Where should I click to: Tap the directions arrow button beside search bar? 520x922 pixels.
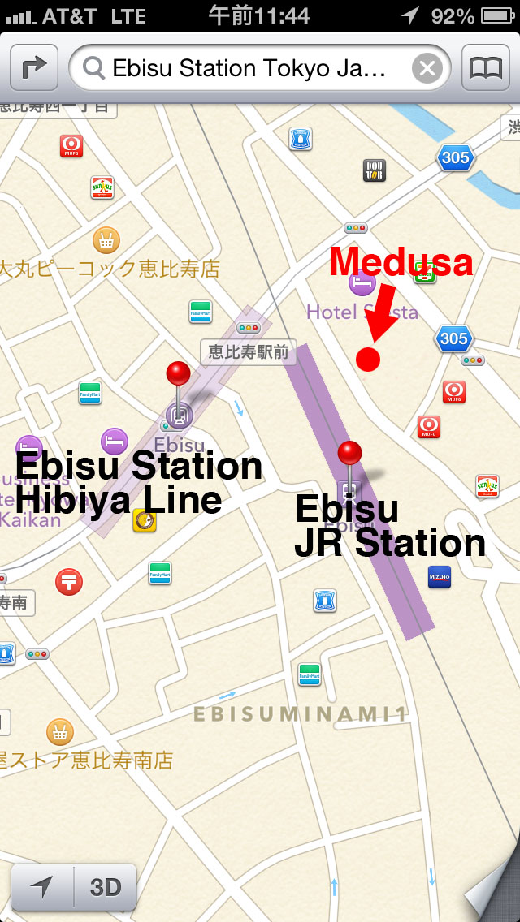tap(33, 68)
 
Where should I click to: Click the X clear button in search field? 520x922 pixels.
tap(427, 68)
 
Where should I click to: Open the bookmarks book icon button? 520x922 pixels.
tap(486, 68)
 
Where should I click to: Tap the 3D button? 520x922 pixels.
tap(105, 887)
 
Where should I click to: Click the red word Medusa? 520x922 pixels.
tap(401, 262)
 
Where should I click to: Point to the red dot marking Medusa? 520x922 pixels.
tap(368, 359)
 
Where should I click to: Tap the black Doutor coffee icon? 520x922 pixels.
tap(374, 170)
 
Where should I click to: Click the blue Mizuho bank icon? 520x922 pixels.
tap(439, 577)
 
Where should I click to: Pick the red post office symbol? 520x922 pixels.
tap(69, 581)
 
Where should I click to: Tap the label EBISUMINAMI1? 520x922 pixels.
tap(299, 714)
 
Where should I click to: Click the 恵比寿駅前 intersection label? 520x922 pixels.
tap(237, 351)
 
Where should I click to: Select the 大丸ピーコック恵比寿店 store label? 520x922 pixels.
tap(110, 269)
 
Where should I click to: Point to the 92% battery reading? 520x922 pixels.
tap(453, 15)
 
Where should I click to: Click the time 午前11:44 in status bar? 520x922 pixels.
tap(259, 15)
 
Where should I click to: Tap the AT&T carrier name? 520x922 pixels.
tap(70, 15)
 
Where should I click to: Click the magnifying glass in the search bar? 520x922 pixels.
tap(94, 68)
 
